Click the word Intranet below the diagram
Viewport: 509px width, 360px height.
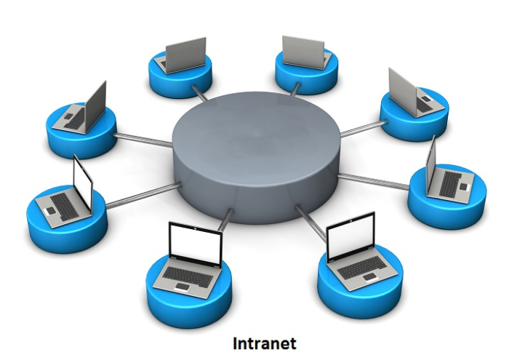coord(265,343)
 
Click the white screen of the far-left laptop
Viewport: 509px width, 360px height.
coord(83,182)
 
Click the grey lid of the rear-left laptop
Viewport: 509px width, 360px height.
coord(181,53)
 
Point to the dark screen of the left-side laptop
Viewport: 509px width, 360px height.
coord(95,103)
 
